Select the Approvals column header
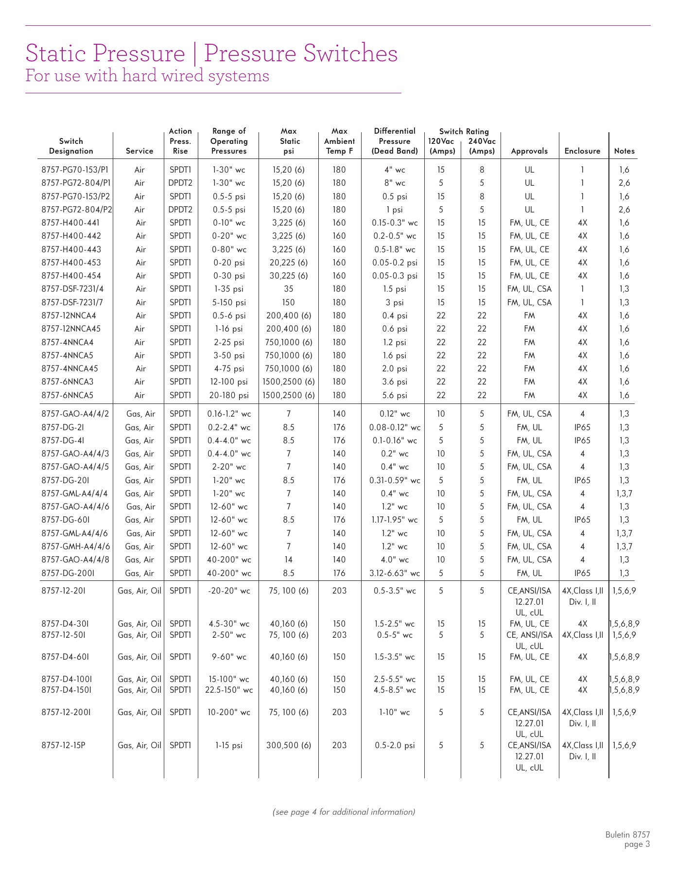click(529, 151)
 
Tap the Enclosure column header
click(582, 151)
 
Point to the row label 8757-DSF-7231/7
click(72, 302)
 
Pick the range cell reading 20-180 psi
click(228, 395)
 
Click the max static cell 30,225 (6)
click(289, 276)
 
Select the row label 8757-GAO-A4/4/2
click(75, 414)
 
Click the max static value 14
click(289, 560)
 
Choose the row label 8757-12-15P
click(64, 745)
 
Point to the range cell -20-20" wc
click(228, 591)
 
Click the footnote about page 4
click(344, 812)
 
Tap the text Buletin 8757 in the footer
click(627, 835)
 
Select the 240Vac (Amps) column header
click(482, 146)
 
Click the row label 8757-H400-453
click(71, 262)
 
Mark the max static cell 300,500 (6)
click(289, 745)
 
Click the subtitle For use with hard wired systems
click(147, 76)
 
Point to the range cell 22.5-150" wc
click(228, 690)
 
